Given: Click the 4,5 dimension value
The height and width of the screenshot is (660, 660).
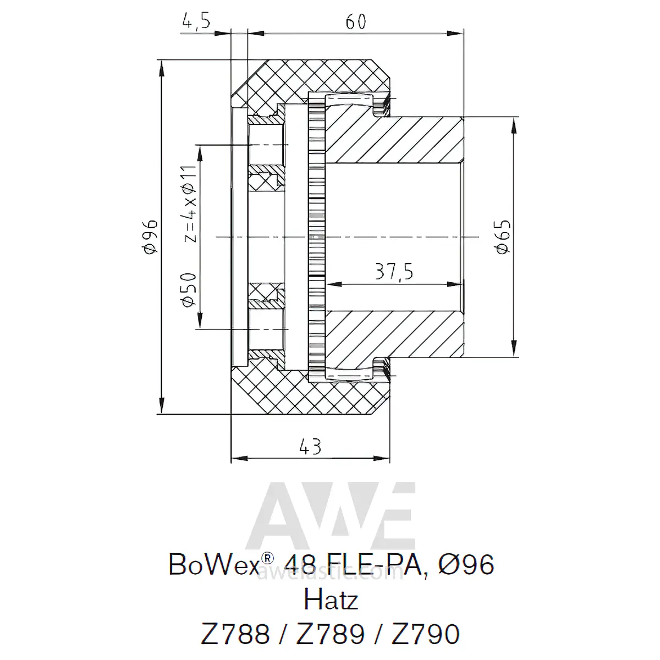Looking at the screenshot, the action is click(x=196, y=22).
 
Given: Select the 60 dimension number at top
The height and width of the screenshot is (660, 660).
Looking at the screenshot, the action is click(x=355, y=22).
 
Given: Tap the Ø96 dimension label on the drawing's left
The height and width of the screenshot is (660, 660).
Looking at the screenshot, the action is click(x=151, y=237).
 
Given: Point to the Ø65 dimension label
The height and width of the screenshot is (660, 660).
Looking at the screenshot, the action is click(x=503, y=237).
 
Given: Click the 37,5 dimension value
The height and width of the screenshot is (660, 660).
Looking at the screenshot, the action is click(x=394, y=272).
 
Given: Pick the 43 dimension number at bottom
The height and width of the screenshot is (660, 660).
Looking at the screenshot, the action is click(x=310, y=447).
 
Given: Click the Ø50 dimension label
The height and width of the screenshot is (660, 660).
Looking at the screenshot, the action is click(x=189, y=290).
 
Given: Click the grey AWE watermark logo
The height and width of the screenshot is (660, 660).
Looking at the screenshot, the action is click(x=331, y=515).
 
